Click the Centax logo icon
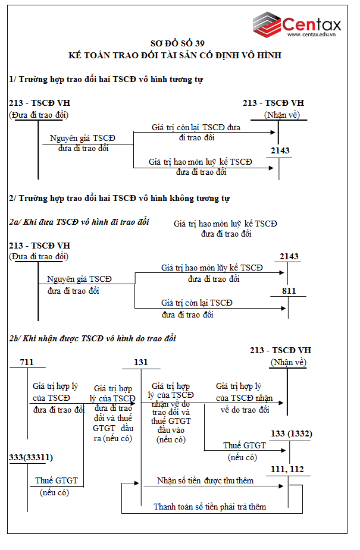pos(266,23)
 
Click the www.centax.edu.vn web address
pos(312,34)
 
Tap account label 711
pos(27,362)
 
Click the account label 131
pos(140,362)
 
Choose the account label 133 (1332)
pos(291,433)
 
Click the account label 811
pos(288,291)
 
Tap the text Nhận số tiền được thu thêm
pos(205,480)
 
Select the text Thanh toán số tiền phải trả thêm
pos(209,507)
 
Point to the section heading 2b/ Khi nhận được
pos(92,338)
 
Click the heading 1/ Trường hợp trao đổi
pos(106,79)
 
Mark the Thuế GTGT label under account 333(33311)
pos(57,480)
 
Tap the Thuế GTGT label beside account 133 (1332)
pos(245,445)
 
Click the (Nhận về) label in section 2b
pos(288,362)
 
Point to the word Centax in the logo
pos(312,23)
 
